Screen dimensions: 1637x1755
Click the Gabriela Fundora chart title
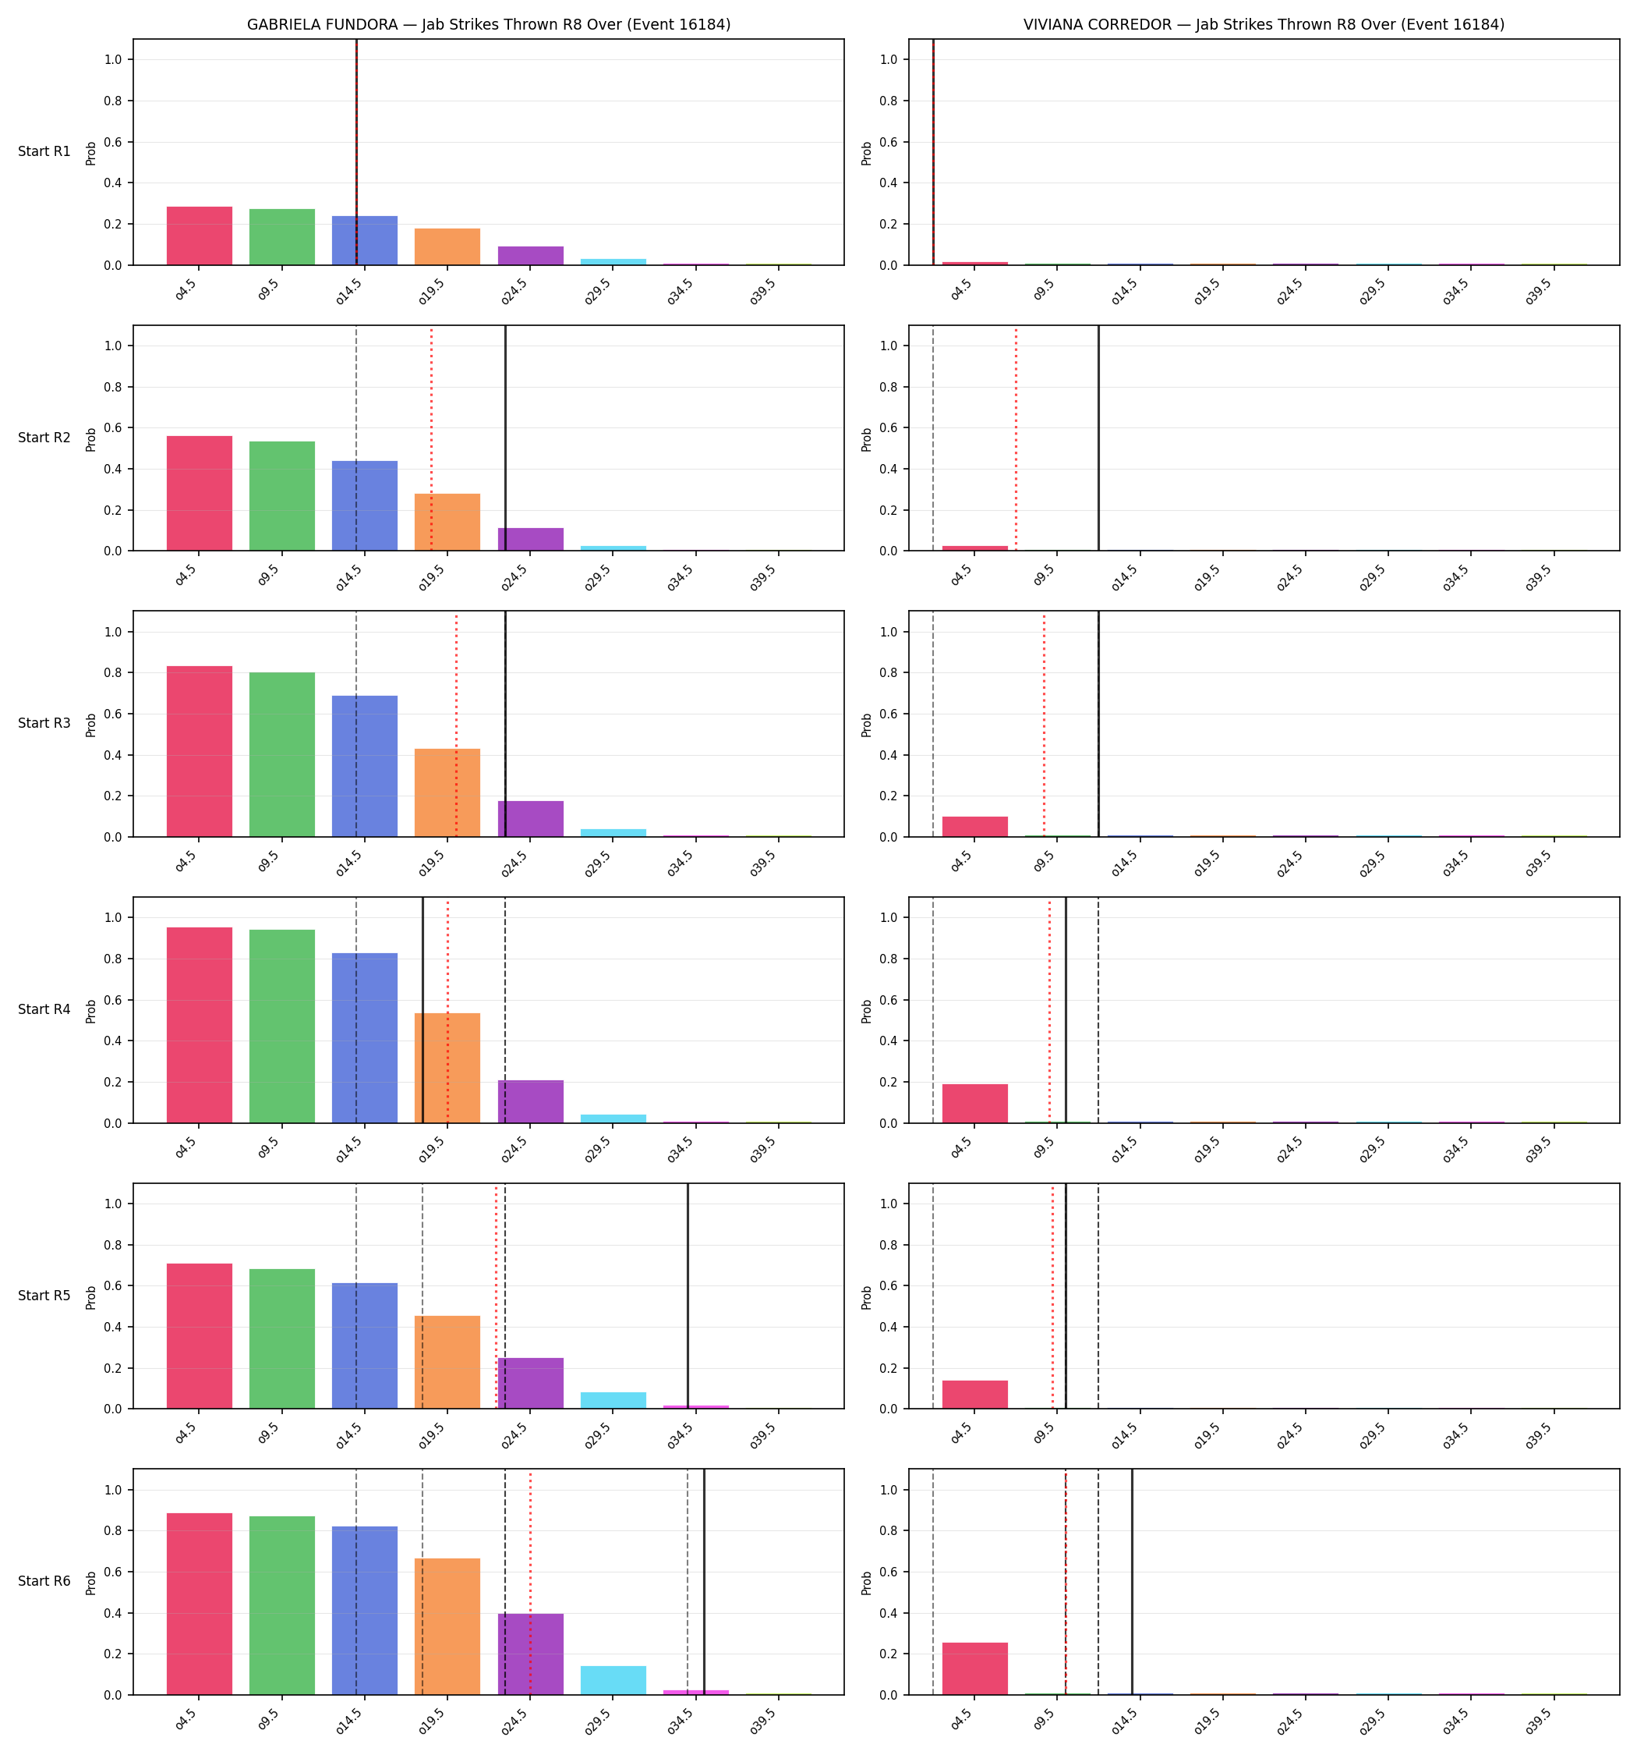(488, 25)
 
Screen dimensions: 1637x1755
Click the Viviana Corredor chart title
(1264, 25)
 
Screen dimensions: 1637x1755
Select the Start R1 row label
(44, 152)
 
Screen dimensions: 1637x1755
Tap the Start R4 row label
(44, 1009)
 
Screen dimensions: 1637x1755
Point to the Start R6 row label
(44, 1581)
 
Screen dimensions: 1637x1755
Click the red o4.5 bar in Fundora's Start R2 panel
(200, 494)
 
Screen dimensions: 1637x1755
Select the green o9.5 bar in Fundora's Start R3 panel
(281, 755)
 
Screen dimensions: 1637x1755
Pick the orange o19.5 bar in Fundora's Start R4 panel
(447, 1068)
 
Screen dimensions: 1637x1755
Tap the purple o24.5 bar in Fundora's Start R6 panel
(530, 1654)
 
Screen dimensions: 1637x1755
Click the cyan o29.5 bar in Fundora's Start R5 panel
(613, 1400)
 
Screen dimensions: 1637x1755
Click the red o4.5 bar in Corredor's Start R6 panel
(975, 1668)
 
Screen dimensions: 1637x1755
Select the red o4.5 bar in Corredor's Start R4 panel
(975, 1104)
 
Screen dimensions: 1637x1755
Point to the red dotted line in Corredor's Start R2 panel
(1016, 438)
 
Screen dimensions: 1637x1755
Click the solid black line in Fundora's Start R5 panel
(688, 1296)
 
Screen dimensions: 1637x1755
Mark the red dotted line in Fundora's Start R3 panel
(456, 725)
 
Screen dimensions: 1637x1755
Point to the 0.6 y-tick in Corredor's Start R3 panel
(889, 714)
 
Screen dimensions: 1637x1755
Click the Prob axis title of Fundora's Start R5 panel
(91, 1297)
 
